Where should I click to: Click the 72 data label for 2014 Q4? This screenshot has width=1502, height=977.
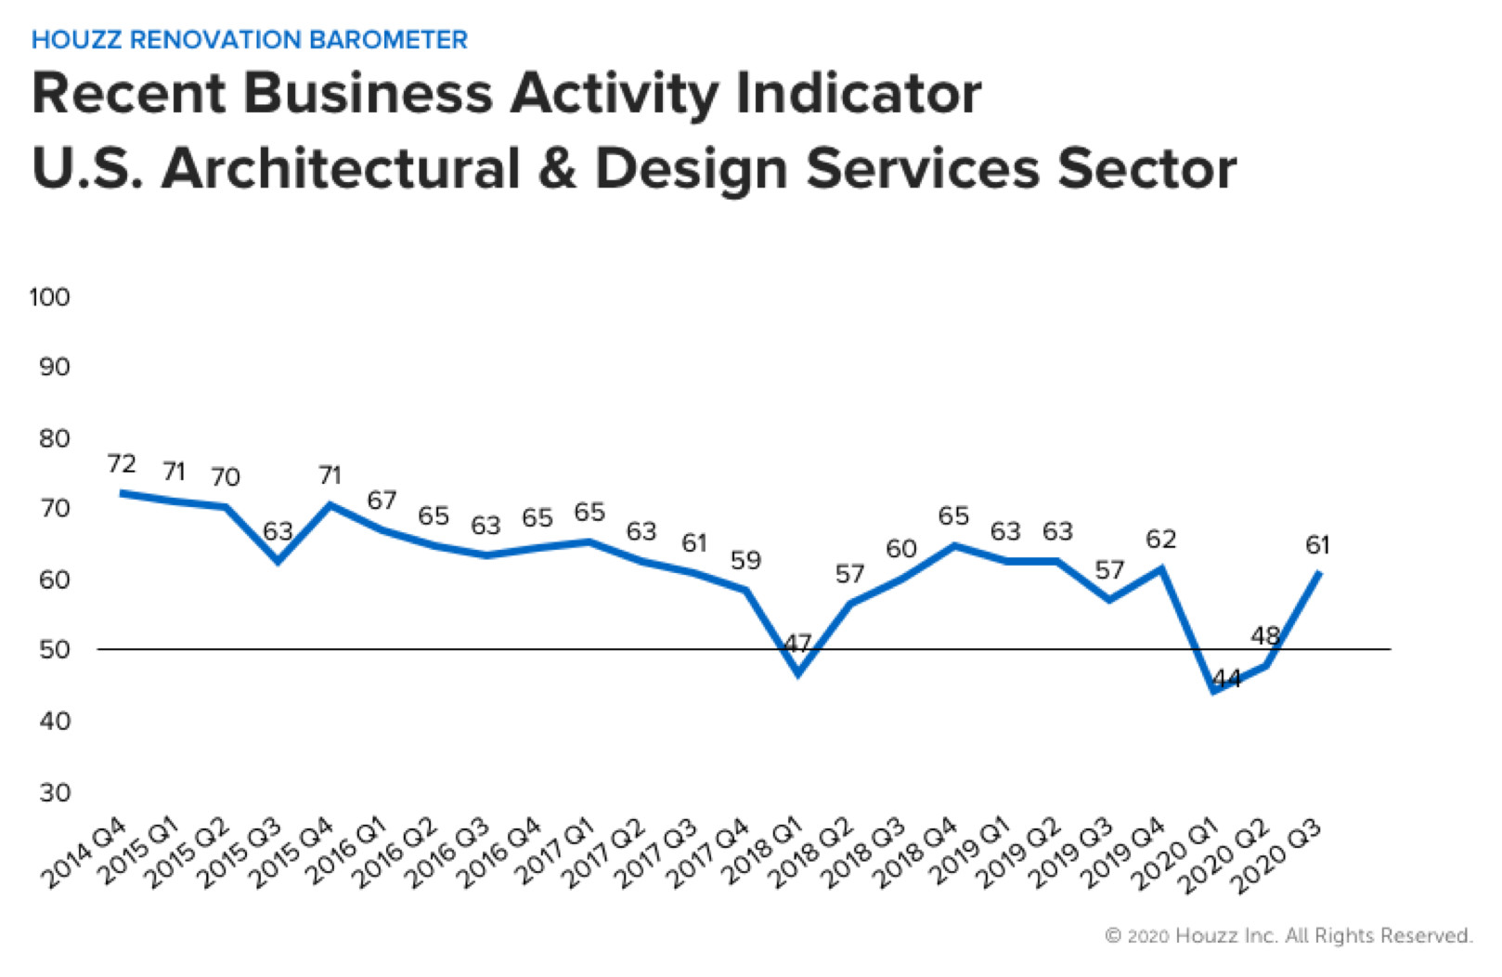pos(122,463)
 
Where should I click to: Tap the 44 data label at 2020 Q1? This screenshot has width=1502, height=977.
pos(1226,679)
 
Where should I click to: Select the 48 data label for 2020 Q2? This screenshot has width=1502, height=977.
pos(1265,636)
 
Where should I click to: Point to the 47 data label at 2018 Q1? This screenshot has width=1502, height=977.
pos(797,643)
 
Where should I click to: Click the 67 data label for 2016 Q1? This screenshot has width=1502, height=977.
pos(382,501)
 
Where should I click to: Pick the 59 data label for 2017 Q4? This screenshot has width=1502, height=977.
pos(745,560)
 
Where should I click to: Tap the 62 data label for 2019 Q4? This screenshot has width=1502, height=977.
pos(1160,540)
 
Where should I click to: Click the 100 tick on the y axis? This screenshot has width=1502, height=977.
pos(49,297)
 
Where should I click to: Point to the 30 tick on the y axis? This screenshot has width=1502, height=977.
pos(54,792)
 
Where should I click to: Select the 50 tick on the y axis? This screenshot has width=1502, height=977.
pos(54,650)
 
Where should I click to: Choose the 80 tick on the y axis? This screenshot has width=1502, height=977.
pos(54,438)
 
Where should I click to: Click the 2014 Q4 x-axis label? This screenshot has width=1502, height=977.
pos(84,854)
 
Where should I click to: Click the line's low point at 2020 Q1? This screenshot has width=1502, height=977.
pos(1213,691)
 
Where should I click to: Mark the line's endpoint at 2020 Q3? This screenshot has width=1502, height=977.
pos(1319,572)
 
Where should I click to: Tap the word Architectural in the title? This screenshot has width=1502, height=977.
pos(341,169)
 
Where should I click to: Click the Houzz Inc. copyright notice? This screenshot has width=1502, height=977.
pos(1288,935)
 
